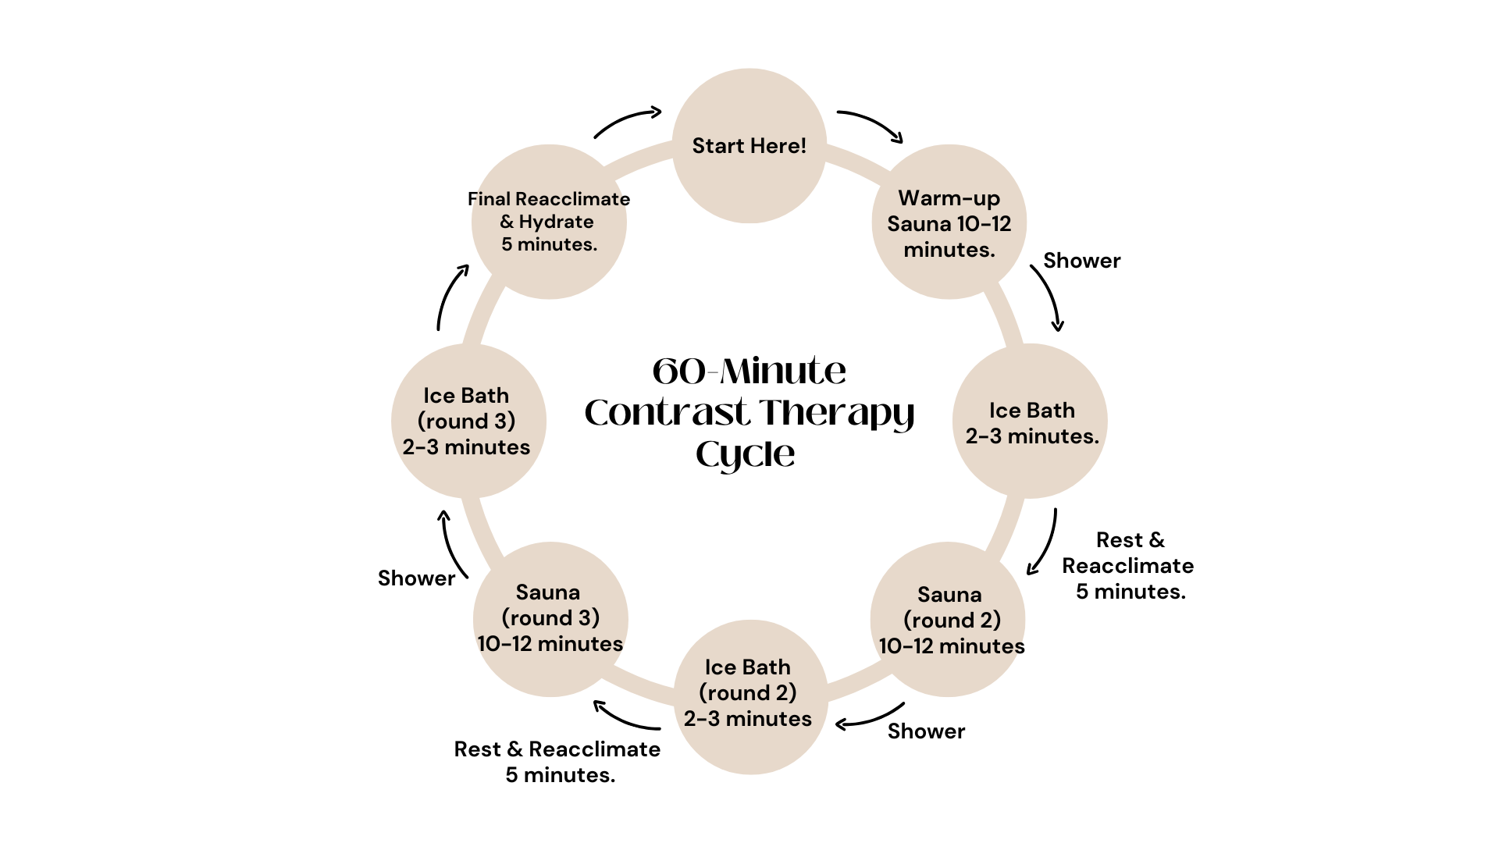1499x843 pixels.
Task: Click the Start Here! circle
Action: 749,180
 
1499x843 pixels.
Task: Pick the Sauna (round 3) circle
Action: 550,671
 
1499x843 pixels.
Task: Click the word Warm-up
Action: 949,198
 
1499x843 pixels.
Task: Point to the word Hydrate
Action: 556,222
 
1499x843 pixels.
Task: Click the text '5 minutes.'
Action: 549,244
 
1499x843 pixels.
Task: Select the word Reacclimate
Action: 571,199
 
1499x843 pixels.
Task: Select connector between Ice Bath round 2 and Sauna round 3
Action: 640,685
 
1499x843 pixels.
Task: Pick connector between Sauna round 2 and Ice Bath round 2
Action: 859,685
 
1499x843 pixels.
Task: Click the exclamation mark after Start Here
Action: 803,146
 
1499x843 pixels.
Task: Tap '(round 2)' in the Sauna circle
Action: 952,621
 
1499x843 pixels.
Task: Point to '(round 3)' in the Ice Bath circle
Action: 467,421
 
